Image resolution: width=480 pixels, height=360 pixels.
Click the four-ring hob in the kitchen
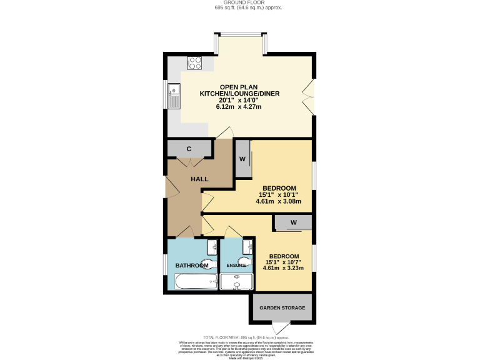coord(195,63)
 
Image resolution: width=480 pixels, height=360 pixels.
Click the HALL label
coord(199,179)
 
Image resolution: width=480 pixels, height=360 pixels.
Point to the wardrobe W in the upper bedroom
coord(242,159)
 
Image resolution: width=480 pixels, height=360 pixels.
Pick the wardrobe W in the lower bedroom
coord(292,222)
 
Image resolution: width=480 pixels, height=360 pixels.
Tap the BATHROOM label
coord(191,266)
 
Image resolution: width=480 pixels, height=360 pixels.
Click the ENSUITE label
coord(236,266)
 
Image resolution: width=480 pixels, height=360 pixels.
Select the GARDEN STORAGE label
coord(282,308)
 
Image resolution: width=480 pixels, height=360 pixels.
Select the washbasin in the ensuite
coord(247,245)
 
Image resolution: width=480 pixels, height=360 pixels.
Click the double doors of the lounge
coord(307,94)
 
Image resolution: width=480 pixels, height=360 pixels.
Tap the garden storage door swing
coord(282,327)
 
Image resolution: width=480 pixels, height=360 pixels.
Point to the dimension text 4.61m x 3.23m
coord(283,268)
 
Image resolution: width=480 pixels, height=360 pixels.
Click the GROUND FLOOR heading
coord(239,2)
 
